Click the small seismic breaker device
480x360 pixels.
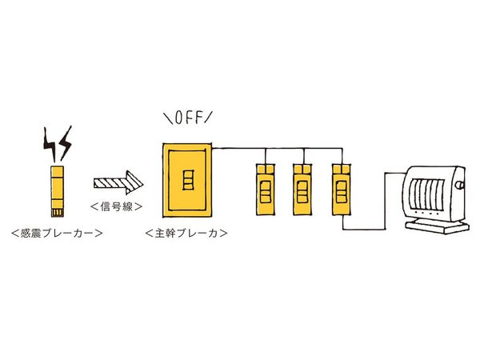point(58,192)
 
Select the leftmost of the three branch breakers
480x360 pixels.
point(265,189)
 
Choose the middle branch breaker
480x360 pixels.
point(302,189)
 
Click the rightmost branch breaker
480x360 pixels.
point(340,189)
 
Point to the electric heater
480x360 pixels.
point(432,196)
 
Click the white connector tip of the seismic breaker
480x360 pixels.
point(58,212)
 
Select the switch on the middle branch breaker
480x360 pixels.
point(302,192)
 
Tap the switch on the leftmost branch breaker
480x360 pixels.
point(265,192)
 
